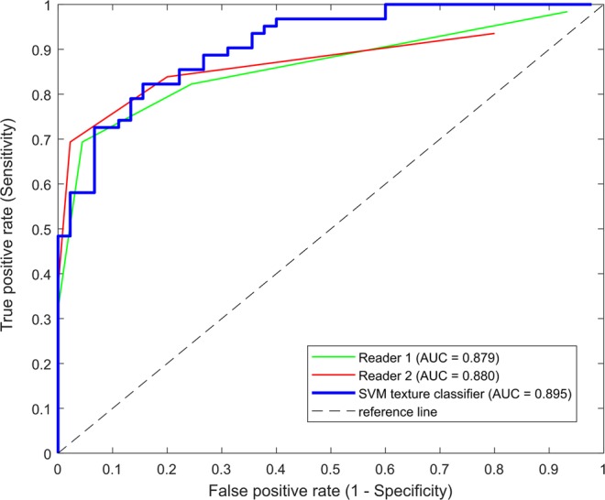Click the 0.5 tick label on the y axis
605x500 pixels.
click(41, 229)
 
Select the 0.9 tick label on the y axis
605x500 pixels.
click(41, 49)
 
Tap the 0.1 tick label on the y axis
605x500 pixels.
click(41, 408)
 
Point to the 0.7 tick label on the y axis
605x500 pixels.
click(41, 139)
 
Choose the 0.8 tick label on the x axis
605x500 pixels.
click(494, 467)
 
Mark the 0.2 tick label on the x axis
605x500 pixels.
click(167, 467)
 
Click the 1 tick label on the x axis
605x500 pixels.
click(602, 467)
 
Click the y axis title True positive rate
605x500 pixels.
click(13, 229)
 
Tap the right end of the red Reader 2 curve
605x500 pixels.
click(494, 33)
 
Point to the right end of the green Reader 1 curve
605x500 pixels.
click(567, 12)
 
